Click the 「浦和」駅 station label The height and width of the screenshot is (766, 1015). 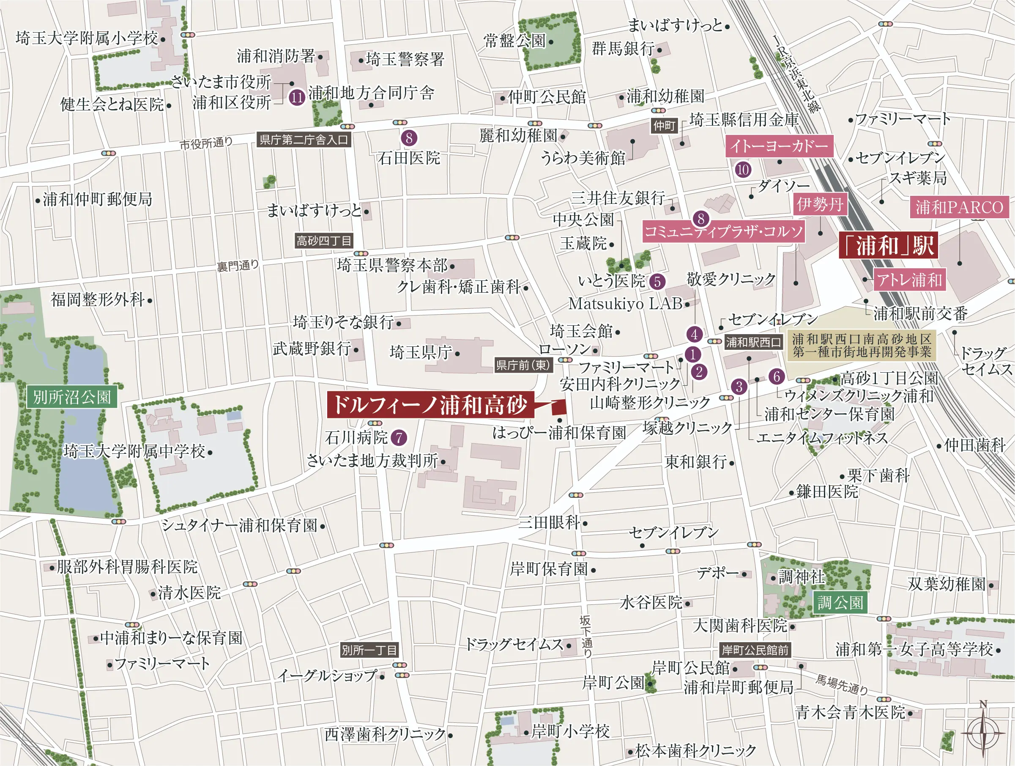[x=888, y=246]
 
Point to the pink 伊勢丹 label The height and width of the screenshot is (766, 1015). [x=820, y=204]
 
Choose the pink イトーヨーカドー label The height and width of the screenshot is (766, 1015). [x=779, y=146]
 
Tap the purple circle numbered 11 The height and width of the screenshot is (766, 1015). [x=297, y=97]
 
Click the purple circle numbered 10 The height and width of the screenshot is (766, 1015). [x=743, y=170]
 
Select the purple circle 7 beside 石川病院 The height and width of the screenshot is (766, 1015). [x=399, y=437]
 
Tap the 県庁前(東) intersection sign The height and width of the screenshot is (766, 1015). [x=523, y=365]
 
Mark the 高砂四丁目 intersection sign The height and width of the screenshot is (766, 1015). [x=323, y=241]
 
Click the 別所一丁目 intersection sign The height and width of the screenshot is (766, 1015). [x=369, y=650]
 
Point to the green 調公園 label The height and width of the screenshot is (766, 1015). [x=840, y=602]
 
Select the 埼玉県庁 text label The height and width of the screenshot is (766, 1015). [x=421, y=352]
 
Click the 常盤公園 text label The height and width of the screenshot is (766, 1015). [x=514, y=41]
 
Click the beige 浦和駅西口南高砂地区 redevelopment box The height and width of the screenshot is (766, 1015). [x=861, y=345]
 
